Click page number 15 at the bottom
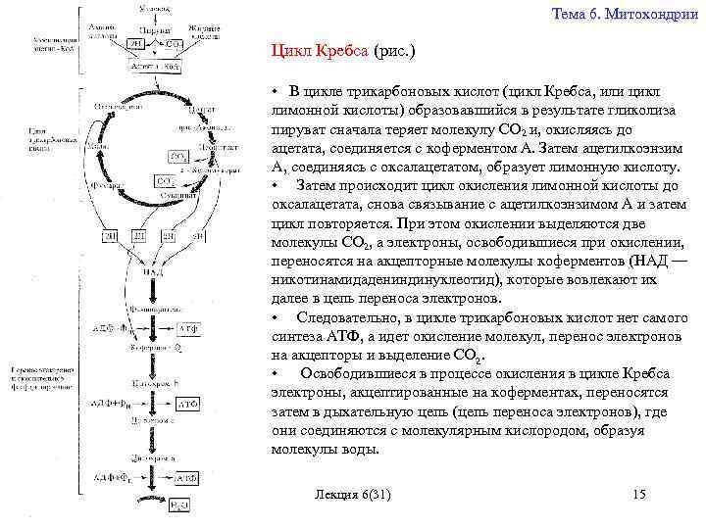[x=639, y=495]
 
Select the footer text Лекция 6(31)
[x=349, y=495]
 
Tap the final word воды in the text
[x=360, y=449]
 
